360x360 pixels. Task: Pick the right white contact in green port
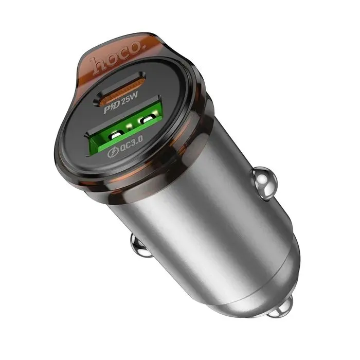pos(147,119)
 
